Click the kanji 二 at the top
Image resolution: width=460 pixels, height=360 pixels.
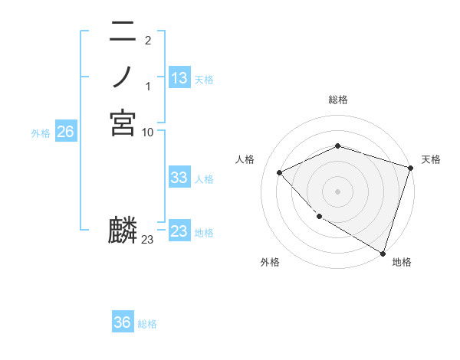(x=123, y=33)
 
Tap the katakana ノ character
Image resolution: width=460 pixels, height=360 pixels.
(x=123, y=77)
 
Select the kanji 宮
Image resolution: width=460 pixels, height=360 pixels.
(x=123, y=123)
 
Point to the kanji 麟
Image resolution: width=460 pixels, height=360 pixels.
(x=123, y=231)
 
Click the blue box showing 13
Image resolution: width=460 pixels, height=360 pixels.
(x=179, y=78)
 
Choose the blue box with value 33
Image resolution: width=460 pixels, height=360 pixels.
(x=179, y=178)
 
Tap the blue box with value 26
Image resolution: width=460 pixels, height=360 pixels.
(x=65, y=132)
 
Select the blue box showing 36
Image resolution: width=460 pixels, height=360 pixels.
(x=123, y=322)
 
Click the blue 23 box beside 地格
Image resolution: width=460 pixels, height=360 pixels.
(x=179, y=231)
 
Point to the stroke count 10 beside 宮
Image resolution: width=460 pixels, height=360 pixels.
(x=148, y=132)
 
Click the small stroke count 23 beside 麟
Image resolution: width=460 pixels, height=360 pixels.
(x=148, y=240)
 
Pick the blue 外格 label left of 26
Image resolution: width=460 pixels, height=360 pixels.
(x=41, y=133)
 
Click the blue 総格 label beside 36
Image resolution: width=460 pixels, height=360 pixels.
(x=147, y=323)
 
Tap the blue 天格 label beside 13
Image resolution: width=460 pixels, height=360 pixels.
(x=204, y=79)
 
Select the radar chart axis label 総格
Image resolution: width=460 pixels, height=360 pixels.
(x=337, y=100)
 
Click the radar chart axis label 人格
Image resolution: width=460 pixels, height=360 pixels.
(x=245, y=159)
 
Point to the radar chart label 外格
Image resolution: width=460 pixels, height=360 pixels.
(x=270, y=262)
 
